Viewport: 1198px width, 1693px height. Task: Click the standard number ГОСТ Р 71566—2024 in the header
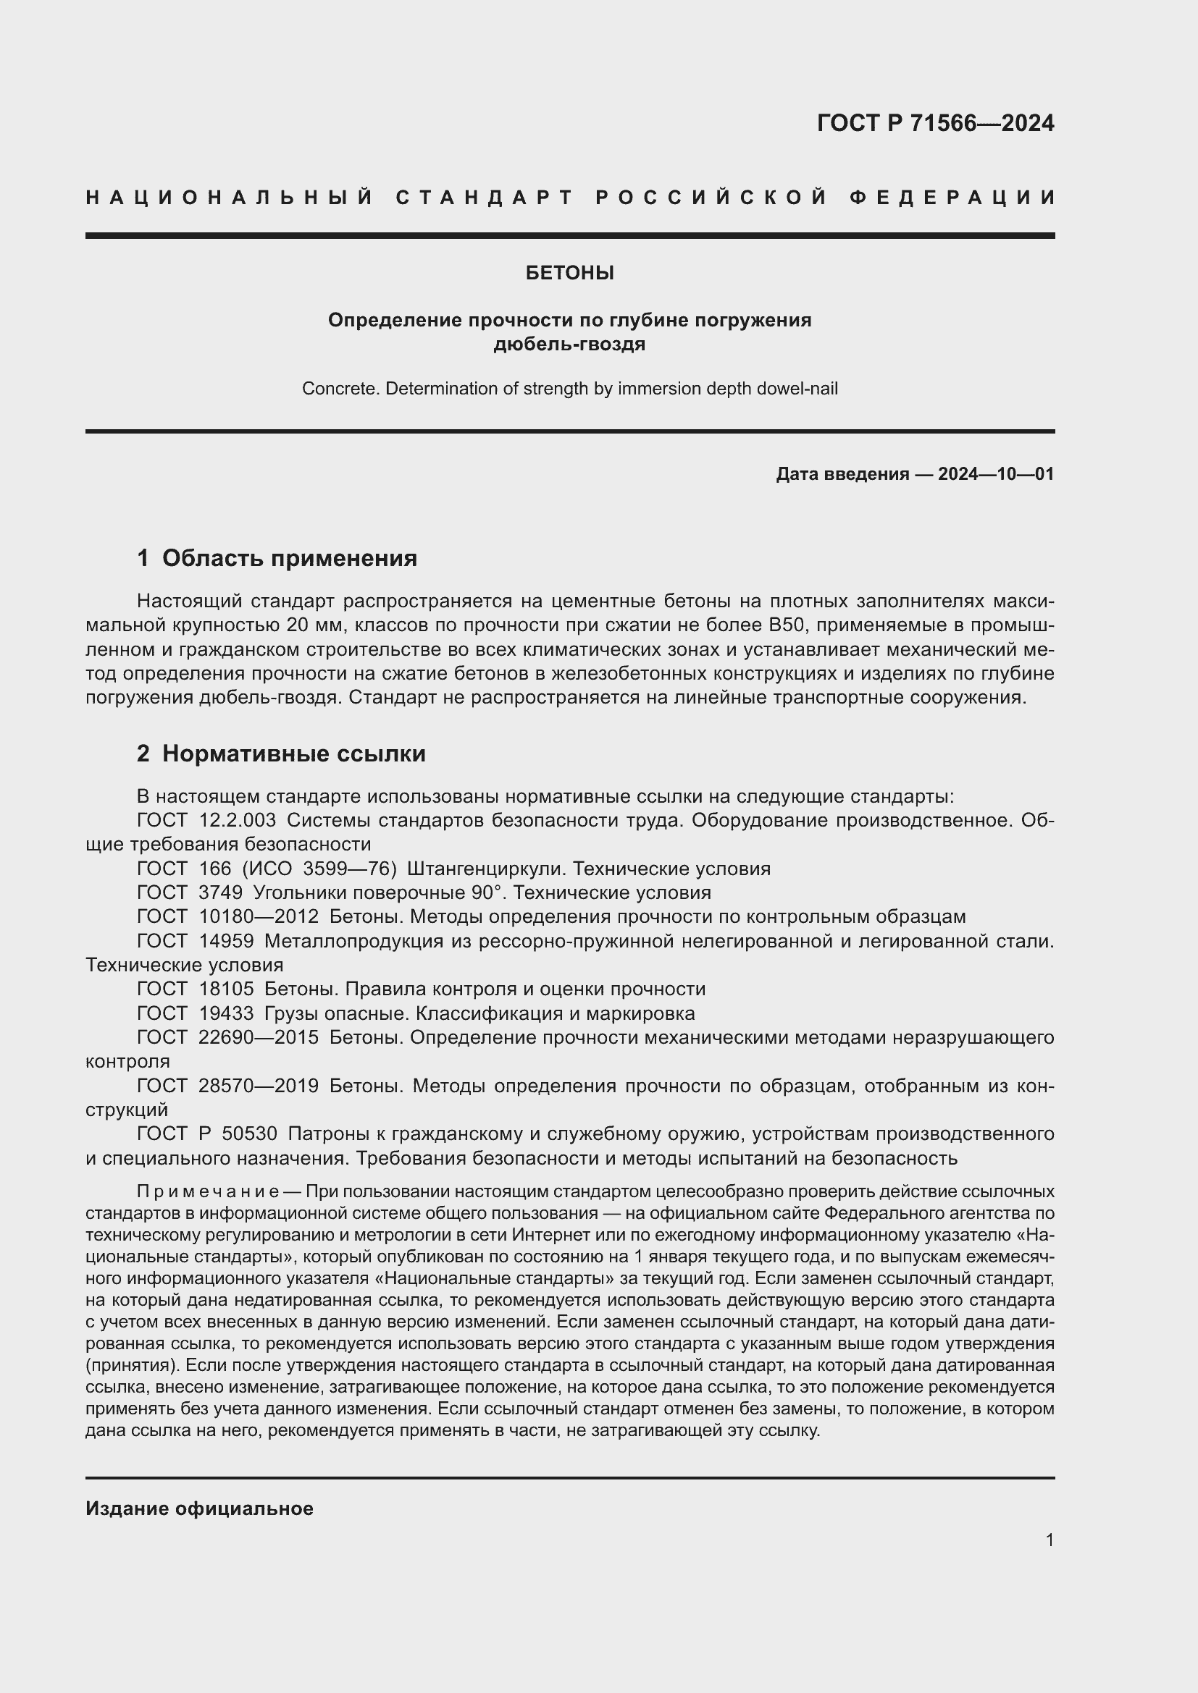[x=934, y=123]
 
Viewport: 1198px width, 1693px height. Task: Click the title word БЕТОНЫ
[x=569, y=273]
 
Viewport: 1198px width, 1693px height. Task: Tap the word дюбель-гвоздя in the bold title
[x=569, y=345]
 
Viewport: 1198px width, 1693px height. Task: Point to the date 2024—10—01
[x=995, y=474]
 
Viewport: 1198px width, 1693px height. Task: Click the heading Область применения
[x=289, y=558]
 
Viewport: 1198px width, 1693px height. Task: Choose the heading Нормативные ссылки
[x=293, y=753]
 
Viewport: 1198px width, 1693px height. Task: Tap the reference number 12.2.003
[x=238, y=820]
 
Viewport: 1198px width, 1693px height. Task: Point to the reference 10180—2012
[x=258, y=916]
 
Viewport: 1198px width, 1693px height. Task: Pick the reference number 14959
[x=226, y=941]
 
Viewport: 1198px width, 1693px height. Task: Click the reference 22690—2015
[x=258, y=1037]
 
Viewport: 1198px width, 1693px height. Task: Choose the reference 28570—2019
[x=258, y=1086]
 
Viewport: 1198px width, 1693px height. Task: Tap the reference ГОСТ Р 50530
[x=206, y=1133]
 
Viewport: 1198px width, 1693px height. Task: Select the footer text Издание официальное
[x=199, y=1508]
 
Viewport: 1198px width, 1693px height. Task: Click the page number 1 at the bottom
[x=1049, y=1540]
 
